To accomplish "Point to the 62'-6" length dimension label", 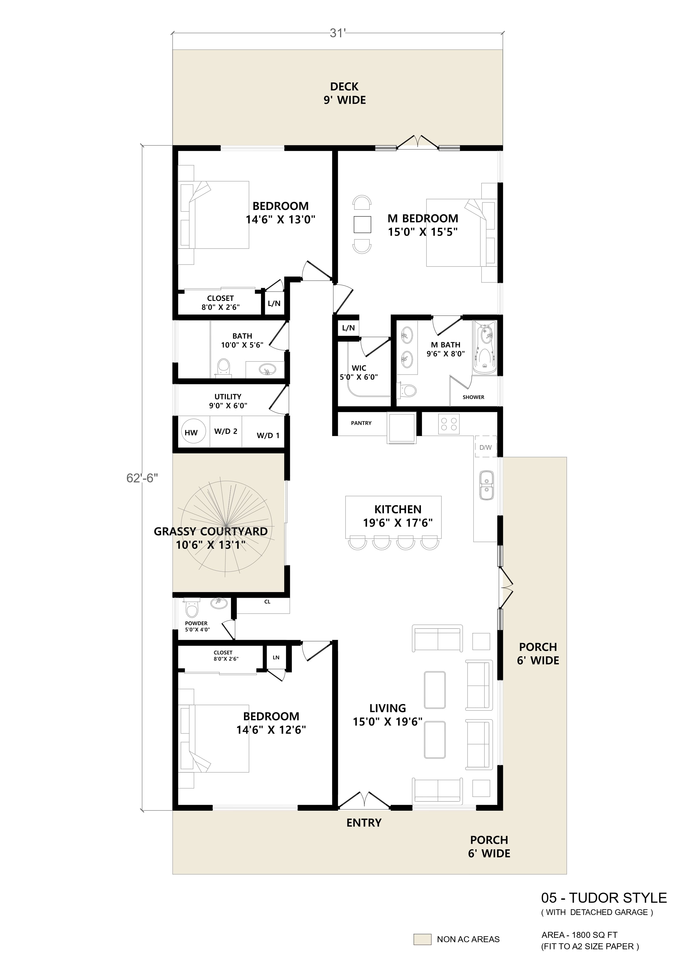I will (142, 478).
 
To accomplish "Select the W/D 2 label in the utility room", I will (226, 431).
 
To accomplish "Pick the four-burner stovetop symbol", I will (449, 424).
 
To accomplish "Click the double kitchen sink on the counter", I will (486, 485).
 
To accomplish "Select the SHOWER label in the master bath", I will (473, 397).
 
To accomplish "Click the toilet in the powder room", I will (192, 609).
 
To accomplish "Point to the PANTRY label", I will (361, 423).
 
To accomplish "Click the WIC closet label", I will (359, 368).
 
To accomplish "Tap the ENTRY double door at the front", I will (364, 800).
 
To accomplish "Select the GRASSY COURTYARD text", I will (211, 532).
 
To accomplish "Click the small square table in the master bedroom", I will (362, 225).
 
